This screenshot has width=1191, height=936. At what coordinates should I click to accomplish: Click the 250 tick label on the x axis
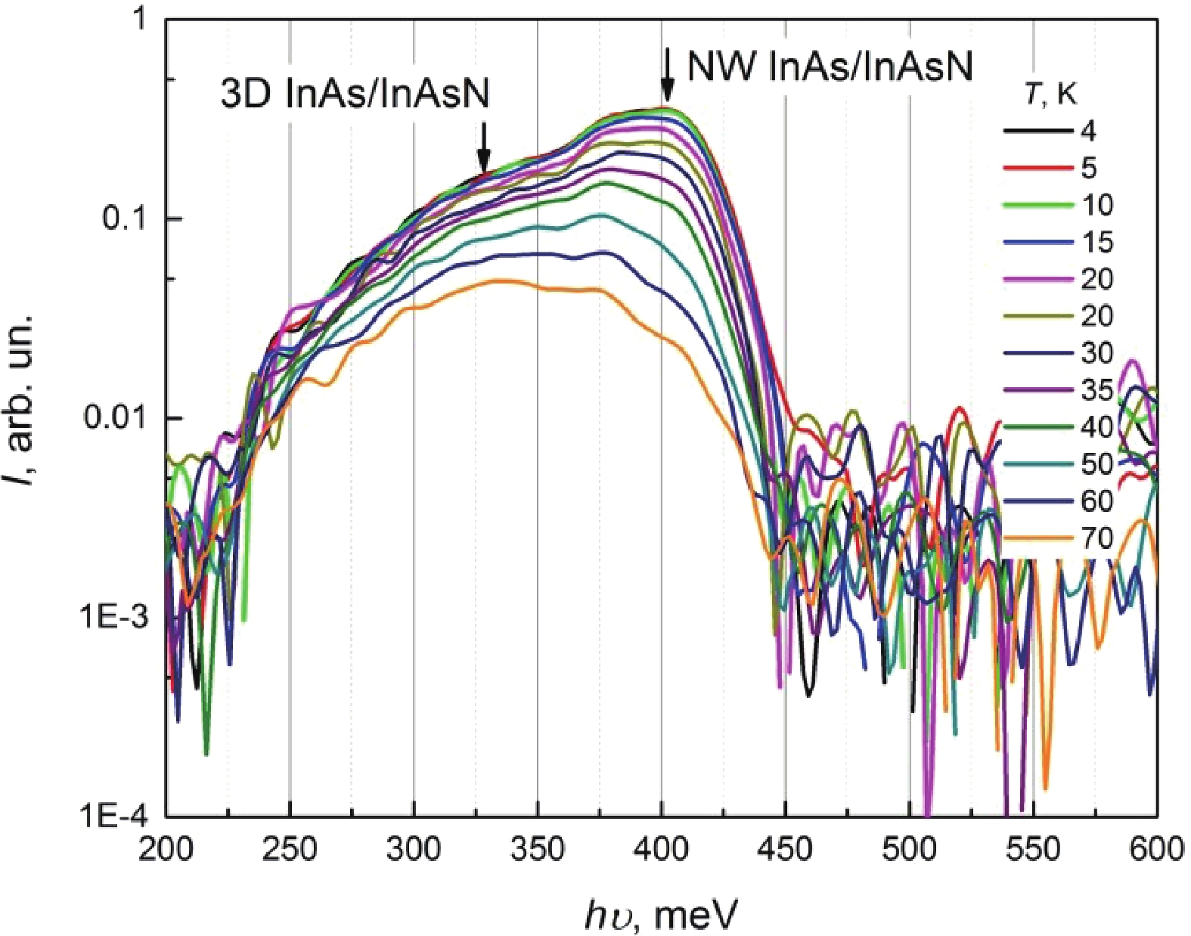290,849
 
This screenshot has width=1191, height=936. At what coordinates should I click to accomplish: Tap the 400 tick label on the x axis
662,849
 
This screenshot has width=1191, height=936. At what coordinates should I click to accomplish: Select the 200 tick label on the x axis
166,849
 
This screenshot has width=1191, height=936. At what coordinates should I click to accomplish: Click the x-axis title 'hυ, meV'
660,915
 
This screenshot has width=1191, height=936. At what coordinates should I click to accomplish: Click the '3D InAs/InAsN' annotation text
355,95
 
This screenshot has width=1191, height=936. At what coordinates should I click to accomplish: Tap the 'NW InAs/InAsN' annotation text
829,67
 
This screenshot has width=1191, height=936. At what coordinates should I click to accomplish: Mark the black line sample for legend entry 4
1037,132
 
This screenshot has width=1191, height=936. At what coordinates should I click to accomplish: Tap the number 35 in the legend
1096,390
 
